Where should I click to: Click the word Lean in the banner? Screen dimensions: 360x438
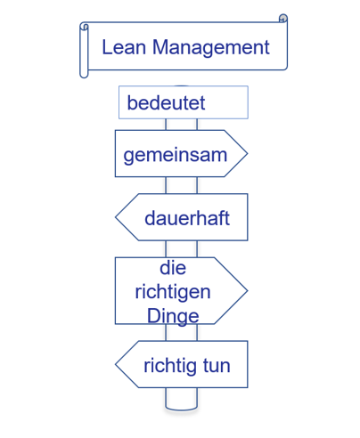point(124,47)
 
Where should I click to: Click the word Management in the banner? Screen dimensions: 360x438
point(211,48)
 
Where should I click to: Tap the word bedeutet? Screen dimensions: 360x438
point(166,103)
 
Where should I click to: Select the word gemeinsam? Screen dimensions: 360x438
point(176,155)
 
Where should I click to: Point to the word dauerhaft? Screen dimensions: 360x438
point(187,218)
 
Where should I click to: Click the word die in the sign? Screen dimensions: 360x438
point(173,268)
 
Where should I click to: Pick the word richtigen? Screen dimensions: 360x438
point(173,292)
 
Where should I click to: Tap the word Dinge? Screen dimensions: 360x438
point(173,316)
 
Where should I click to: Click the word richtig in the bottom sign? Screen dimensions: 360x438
point(169,366)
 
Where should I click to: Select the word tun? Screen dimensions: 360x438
point(217,366)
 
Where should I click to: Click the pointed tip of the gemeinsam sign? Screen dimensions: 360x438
point(247,153)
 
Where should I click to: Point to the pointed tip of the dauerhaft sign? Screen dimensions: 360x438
point(116,217)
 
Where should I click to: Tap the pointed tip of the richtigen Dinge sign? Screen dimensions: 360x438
point(247,290)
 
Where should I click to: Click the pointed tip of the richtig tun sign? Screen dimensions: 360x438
point(116,364)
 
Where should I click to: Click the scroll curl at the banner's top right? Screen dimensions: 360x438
point(283,18)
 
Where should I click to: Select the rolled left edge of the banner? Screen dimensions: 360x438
point(84,50)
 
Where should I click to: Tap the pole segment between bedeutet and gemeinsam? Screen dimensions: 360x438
point(182,125)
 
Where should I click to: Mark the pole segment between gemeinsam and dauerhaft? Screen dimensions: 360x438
point(182,185)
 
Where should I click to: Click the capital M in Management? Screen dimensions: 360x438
point(160,47)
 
